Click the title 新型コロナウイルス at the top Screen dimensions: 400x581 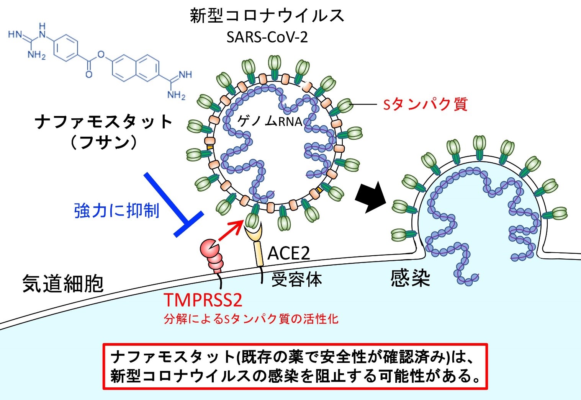coord(267,16)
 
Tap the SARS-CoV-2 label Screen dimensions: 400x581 coord(267,37)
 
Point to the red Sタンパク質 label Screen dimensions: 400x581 coord(425,104)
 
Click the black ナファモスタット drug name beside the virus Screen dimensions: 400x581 coord(103,122)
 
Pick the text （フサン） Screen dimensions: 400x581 coord(103,142)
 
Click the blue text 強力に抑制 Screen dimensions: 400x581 coord(117,210)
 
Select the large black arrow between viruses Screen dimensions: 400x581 coord(371,196)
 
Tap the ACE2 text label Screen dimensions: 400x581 coord(288,253)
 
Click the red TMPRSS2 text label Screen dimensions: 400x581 coord(203,300)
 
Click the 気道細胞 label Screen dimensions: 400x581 coord(63,284)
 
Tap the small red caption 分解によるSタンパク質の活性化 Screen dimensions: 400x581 coord(251,318)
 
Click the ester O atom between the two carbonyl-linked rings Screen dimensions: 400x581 coord(101,54)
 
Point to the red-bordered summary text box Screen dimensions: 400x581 coord(295,366)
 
